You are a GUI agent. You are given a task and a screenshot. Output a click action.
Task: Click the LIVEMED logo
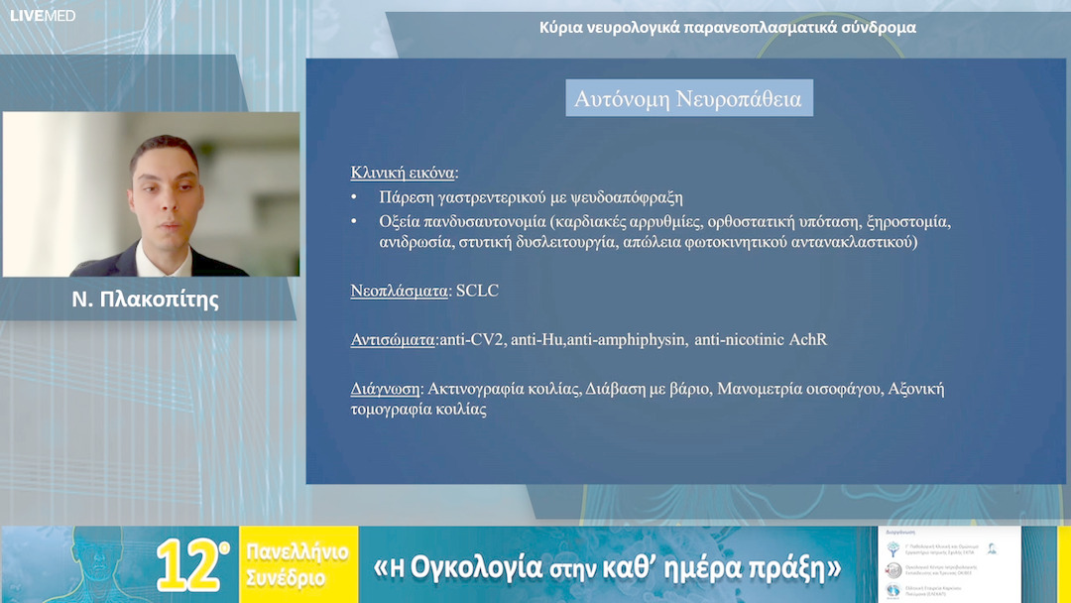click(42, 15)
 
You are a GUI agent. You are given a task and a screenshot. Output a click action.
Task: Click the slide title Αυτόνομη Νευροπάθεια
click(688, 99)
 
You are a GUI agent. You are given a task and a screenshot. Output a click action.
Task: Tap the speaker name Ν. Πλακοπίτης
click(146, 300)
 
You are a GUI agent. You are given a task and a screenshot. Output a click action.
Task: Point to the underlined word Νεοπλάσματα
click(401, 292)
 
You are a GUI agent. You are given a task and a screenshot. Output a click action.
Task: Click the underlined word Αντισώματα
click(394, 340)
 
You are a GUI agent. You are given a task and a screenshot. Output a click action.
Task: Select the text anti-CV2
click(472, 340)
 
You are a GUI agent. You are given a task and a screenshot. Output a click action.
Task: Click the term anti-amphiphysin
click(626, 340)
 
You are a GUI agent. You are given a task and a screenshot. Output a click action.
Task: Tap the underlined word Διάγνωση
click(386, 389)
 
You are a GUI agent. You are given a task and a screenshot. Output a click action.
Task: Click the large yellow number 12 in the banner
click(190, 566)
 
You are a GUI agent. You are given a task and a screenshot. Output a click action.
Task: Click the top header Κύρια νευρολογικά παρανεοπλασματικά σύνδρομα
click(727, 28)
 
